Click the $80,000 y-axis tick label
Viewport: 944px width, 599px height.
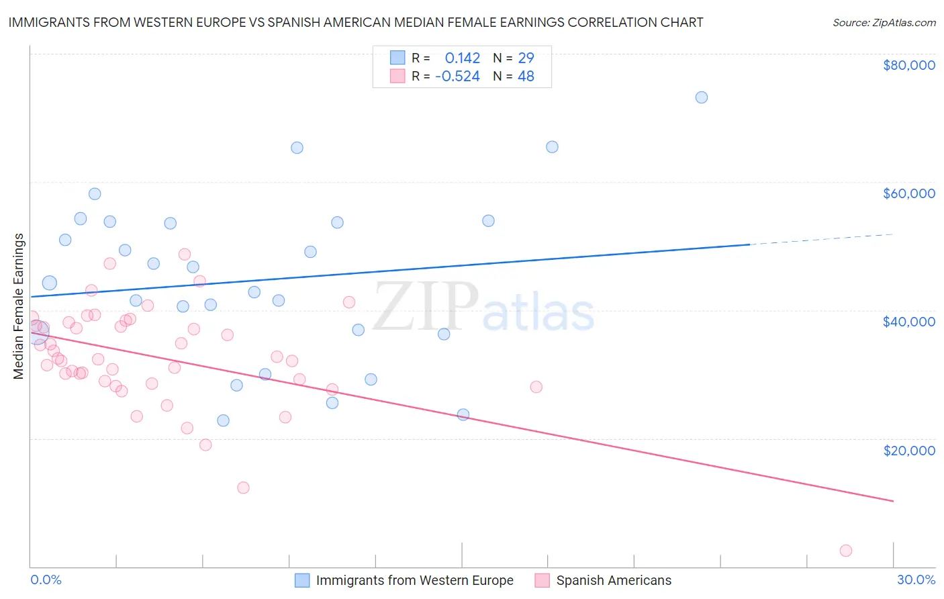click(908, 65)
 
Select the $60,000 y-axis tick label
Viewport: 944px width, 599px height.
click(908, 193)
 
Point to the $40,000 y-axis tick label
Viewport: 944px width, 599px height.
click(908, 322)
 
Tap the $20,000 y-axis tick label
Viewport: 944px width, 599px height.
click(908, 450)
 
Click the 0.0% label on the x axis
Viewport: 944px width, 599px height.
click(46, 580)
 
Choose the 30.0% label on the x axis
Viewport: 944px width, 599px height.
click(916, 580)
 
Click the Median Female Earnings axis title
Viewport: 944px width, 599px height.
click(19, 306)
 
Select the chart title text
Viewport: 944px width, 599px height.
click(355, 22)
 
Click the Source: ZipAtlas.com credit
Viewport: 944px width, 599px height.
click(884, 23)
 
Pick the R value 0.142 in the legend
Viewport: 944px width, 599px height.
click(463, 58)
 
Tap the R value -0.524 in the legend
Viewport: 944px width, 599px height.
click(457, 77)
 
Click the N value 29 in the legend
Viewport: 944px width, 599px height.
click(526, 58)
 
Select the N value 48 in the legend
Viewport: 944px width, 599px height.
click(526, 77)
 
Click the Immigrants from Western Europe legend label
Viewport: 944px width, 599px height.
click(414, 580)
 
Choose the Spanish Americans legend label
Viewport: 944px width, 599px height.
click(614, 580)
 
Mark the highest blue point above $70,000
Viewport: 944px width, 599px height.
click(702, 97)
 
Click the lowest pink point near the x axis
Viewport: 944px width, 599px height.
click(846, 551)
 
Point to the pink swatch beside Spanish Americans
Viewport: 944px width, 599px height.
click(542, 580)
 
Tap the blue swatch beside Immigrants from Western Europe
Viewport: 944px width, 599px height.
click(302, 580)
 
